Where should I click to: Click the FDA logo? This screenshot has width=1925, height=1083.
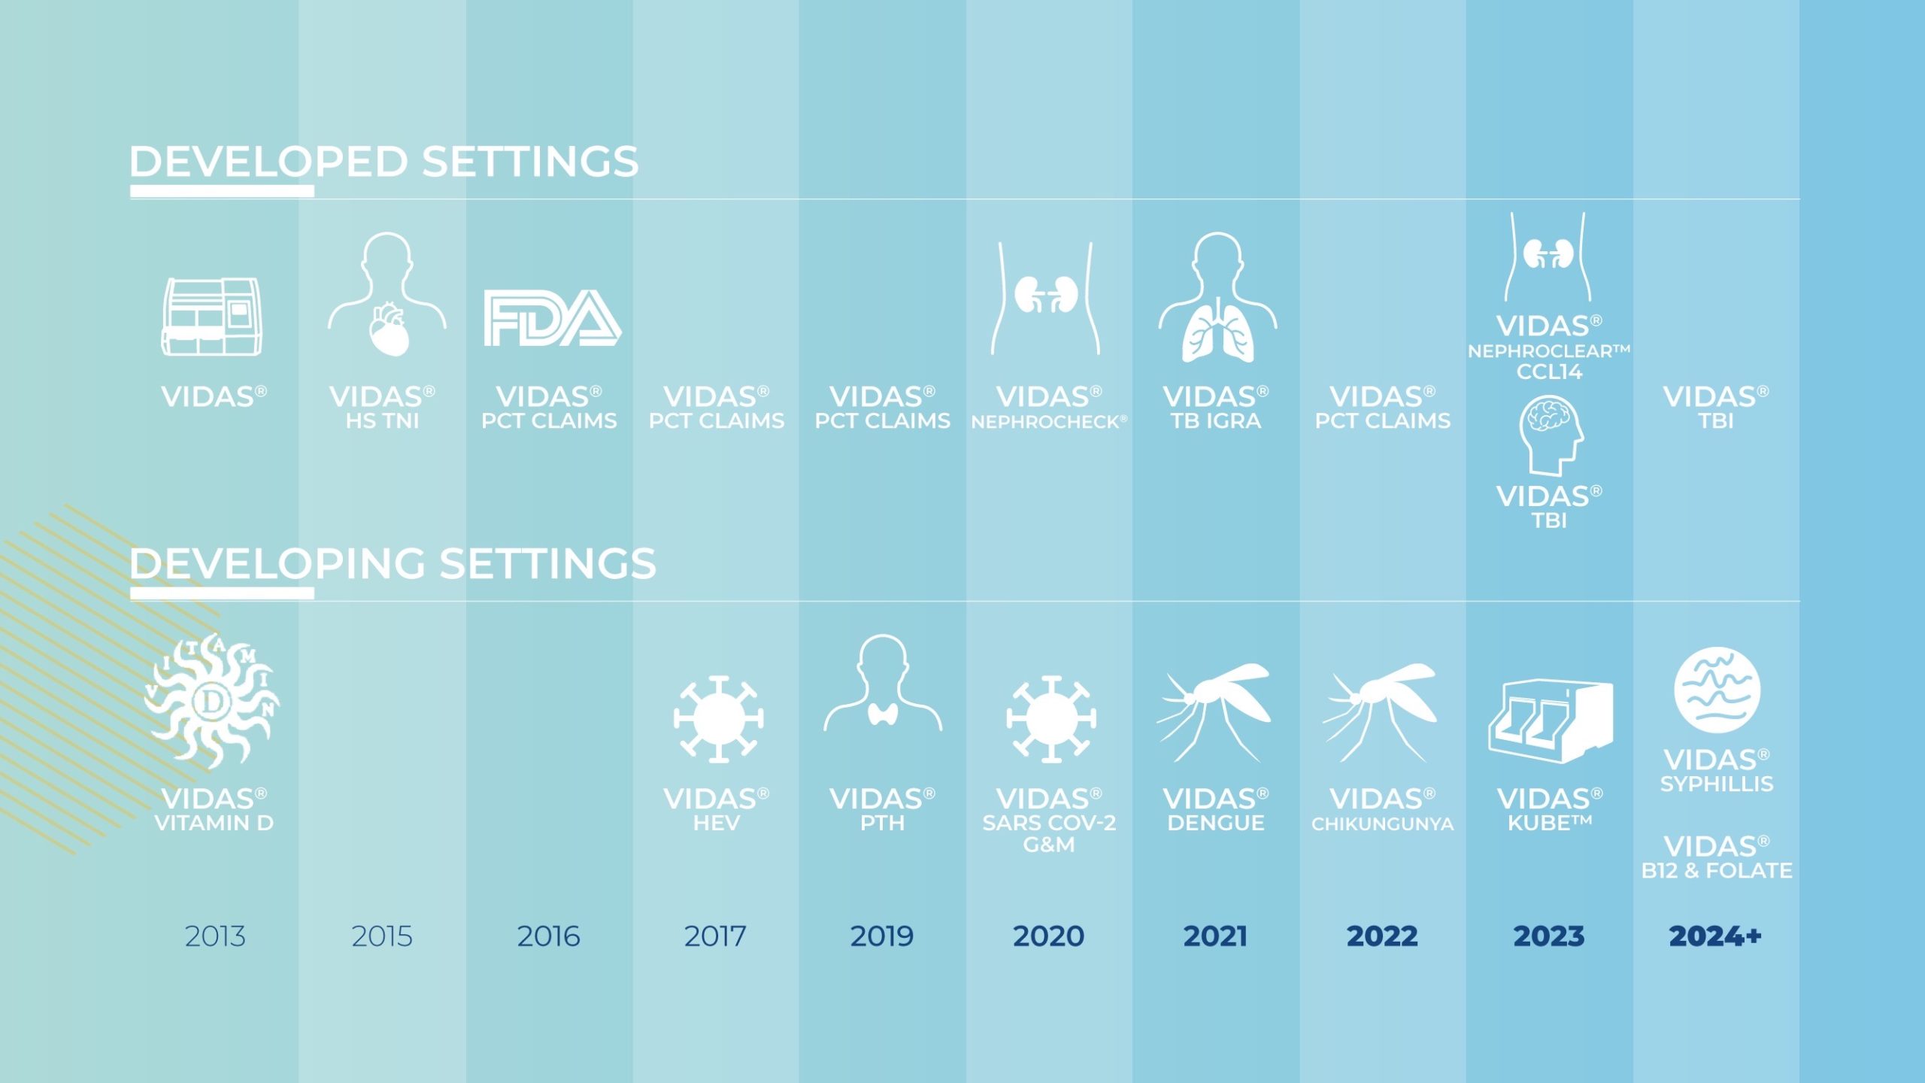click(x=552, y=317)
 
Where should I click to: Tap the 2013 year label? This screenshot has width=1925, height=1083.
click(x=215, y=936)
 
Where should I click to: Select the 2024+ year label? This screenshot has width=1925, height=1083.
click(x=1715, y=936)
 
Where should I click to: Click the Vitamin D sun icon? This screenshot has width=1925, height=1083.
click(x=212, y=701)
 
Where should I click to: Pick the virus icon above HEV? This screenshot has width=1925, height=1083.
click(x=718, y=719)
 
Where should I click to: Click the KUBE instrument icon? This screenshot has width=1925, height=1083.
click(x=1551, y=720)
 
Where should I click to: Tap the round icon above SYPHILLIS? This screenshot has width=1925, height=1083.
click(x=1717, y=690)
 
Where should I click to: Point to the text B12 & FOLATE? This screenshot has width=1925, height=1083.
click(x=1717, y=871)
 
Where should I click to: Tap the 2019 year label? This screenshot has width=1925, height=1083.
click(x=882, y=936)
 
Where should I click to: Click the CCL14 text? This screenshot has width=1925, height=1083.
click(x=1549, y=372)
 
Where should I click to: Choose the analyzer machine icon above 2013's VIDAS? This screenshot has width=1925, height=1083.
click(x=212, y=317)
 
